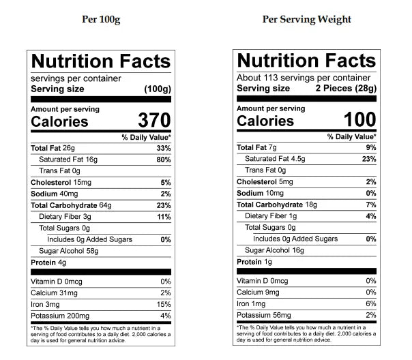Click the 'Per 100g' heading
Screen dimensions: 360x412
[x=102, y=19]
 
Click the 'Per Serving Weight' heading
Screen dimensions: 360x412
[x=307, y=19]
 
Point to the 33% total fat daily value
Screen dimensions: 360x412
[x=163, y=148]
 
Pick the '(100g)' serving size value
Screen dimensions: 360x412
[x=157, y=89]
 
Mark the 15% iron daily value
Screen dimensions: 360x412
[x=164, y=304]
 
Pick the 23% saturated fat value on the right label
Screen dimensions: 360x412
[x=369, y=159]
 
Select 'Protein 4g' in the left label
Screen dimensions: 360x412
[x=48, y=262]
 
